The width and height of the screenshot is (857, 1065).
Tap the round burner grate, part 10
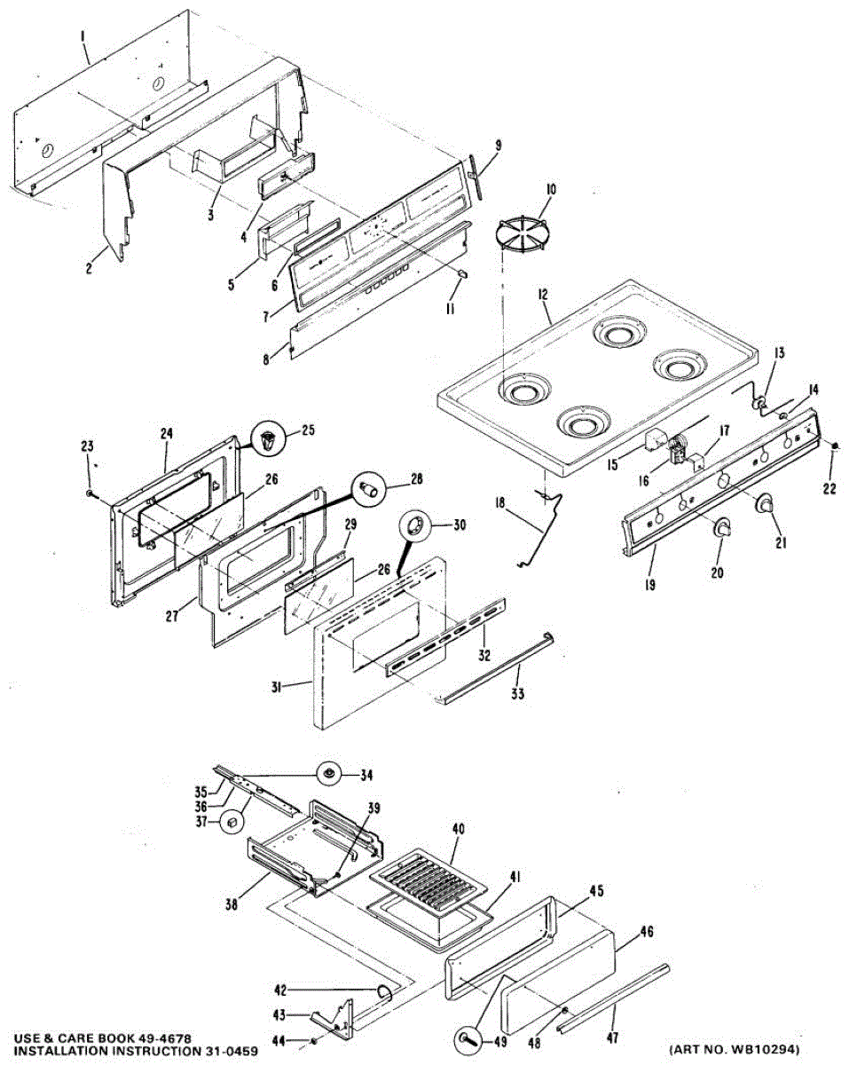[523, 233]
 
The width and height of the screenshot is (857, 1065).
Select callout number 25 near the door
[307, 430]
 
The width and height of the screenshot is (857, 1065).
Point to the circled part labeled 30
[415, 526]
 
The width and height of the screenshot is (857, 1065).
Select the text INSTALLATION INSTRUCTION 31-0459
[130, 1051]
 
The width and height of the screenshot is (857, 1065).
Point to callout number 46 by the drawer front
[647, 932]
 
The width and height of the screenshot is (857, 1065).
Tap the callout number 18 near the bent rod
[499, 502]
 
